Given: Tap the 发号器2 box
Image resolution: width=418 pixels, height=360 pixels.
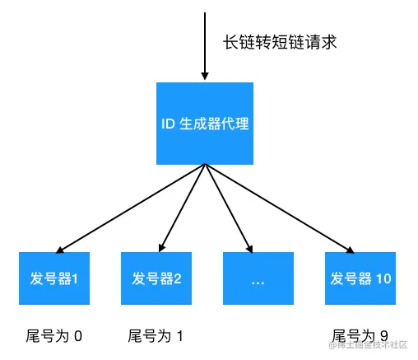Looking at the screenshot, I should (x=156, y=278).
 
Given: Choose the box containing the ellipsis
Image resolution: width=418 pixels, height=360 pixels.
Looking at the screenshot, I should (x=258, y=278).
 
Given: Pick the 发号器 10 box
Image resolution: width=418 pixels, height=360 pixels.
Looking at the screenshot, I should (x=360, y=278).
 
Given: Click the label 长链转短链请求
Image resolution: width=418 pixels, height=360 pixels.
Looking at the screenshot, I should (x=278, y=42).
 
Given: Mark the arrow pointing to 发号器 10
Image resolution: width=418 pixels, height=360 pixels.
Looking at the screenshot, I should (x=280, y=208).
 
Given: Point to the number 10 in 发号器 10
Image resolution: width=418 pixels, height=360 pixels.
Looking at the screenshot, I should (x=383, y=278).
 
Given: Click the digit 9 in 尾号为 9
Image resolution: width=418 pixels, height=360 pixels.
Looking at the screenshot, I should (x=383, y=335).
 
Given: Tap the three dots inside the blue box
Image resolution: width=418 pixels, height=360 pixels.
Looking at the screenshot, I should (x=258, y=280).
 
